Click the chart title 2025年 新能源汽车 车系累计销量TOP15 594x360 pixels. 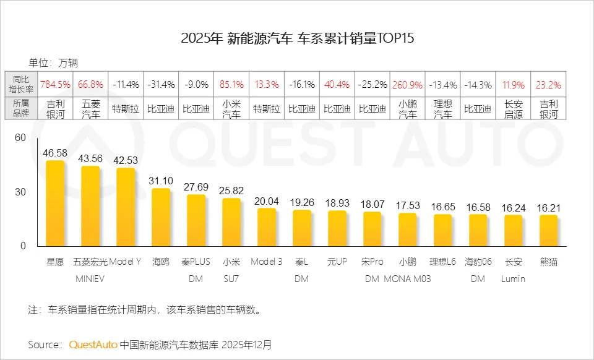point(297,38)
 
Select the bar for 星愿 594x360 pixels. point(55,204)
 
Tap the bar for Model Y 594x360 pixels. point(126,207)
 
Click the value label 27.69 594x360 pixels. point(196,186)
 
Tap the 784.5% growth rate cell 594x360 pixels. point(55,84)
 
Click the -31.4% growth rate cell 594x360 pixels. point(161,84)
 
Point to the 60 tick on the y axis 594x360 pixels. point(20,137)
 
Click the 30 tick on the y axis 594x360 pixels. point(20,192)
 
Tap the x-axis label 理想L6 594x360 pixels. point(442,262)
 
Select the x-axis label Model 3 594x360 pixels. point(267,262)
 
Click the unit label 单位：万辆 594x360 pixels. point(53,62)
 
